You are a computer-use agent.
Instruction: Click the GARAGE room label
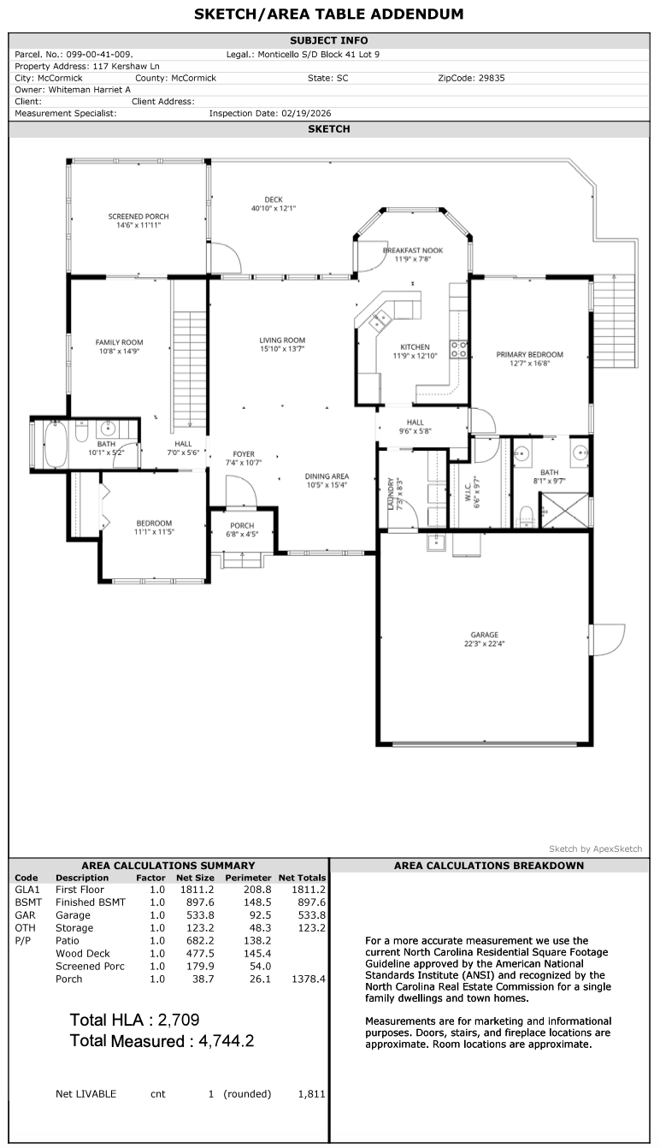485,635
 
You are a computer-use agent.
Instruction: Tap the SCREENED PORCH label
138,216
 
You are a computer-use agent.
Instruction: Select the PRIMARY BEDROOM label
529,354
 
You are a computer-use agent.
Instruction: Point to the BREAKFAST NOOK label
413,250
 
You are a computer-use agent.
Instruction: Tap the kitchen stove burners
459,350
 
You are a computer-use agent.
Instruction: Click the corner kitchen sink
380,322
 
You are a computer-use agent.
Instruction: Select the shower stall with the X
565,510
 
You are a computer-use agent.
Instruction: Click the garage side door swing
607,639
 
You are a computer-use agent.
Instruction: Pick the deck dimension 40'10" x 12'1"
274,209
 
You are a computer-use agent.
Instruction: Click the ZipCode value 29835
492,78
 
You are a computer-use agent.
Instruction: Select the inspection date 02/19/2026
306,113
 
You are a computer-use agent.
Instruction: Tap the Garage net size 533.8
200,914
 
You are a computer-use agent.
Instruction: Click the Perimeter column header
248,878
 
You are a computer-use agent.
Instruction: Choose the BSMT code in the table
28,902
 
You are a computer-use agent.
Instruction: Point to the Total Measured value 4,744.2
227,1041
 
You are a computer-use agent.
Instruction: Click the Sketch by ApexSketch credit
596,849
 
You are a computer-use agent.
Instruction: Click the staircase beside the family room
190,369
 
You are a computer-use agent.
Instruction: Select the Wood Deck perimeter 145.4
257,953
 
